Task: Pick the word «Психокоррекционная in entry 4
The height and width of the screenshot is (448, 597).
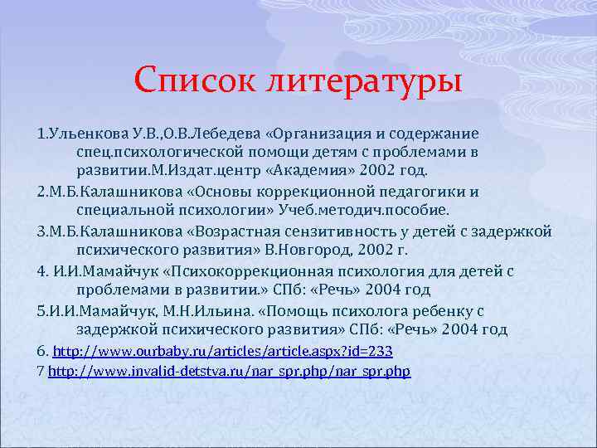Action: tap(222, 271)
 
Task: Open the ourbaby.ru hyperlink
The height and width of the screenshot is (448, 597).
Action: tap(222, 350)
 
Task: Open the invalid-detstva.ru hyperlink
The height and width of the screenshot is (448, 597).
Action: tap(230, 370)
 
